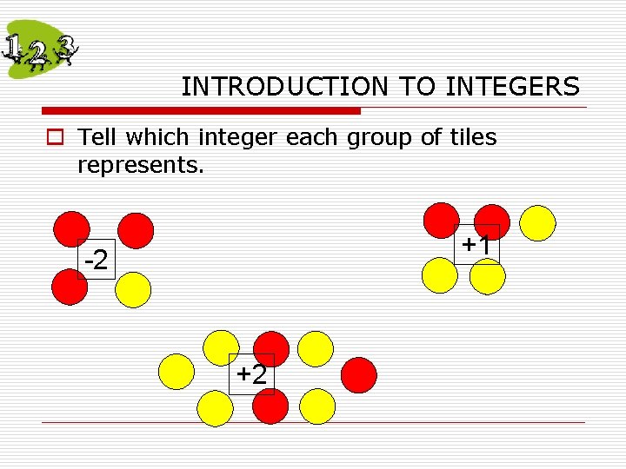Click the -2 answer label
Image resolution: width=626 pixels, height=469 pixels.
click(x=96, y=260)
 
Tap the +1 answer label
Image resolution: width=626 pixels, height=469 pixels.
click(x=477, y=245)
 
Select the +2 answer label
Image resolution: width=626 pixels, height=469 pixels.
click(x=252, y=374)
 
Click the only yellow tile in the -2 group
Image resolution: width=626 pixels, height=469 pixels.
click(x=133, y=290)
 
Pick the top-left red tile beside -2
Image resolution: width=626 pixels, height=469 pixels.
click(x=71, y=229)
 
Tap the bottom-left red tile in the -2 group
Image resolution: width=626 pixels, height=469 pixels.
click(x=69, y=287)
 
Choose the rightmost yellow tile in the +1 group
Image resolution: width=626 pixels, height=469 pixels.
click(x=537, y=222)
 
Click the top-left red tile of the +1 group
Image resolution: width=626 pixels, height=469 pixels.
click(x=440, y=221)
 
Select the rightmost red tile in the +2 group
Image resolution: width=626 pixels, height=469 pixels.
click(x=359, y=375)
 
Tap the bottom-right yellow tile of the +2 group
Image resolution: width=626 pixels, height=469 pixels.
click(x=317, y=406)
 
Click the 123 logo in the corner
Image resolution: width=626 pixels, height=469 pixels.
click(x=40, y=50)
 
